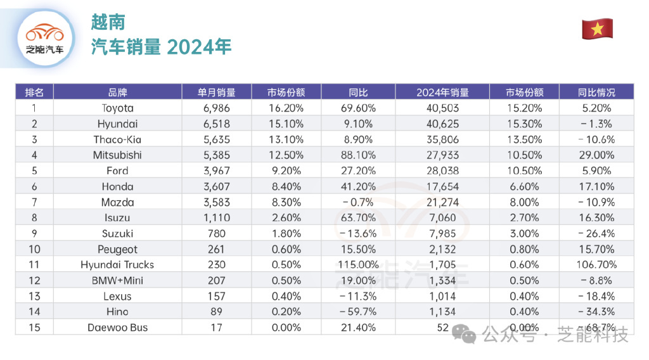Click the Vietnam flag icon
point(597,29)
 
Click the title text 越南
point(108,23)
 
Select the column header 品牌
point(117,92)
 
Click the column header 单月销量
point(217,92)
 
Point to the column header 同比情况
point(596,92)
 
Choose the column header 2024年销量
point(442,92)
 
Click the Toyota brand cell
point(117,108)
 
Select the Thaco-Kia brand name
point(117,139)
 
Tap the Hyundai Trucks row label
point(117,265)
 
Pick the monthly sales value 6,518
point(217,124)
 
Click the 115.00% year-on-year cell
point(358,265)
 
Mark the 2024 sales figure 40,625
point(442,124)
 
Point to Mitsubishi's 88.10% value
point(358,155)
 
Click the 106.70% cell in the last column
point(596,265)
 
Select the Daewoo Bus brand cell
point(117,328)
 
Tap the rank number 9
point(34,234)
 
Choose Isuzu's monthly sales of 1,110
point(217,218)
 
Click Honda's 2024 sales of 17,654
point(442,186)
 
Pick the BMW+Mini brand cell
point(117,281)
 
